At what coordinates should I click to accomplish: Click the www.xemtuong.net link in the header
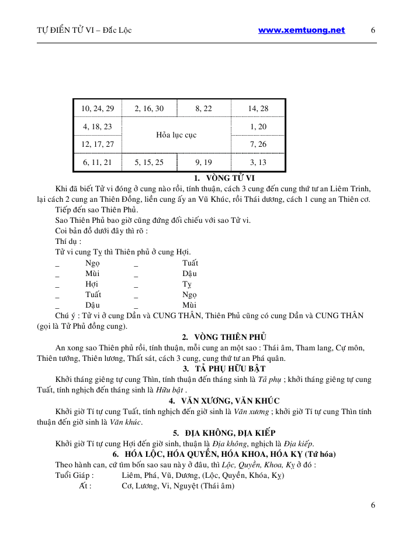(301, 30)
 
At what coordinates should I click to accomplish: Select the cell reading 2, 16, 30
(149, 109)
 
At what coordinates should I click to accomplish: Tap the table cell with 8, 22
(203, 109)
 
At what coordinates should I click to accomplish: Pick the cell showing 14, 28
(258, 109)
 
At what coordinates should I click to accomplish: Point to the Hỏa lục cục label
(176, 135)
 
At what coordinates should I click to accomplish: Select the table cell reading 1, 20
(258, 126)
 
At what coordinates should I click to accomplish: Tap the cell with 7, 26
(258, 144)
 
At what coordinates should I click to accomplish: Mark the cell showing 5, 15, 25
(149, 162)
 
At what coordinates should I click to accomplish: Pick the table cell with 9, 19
(203, 162)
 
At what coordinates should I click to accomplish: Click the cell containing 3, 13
(258, 162)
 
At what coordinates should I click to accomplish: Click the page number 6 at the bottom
(373, 505)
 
